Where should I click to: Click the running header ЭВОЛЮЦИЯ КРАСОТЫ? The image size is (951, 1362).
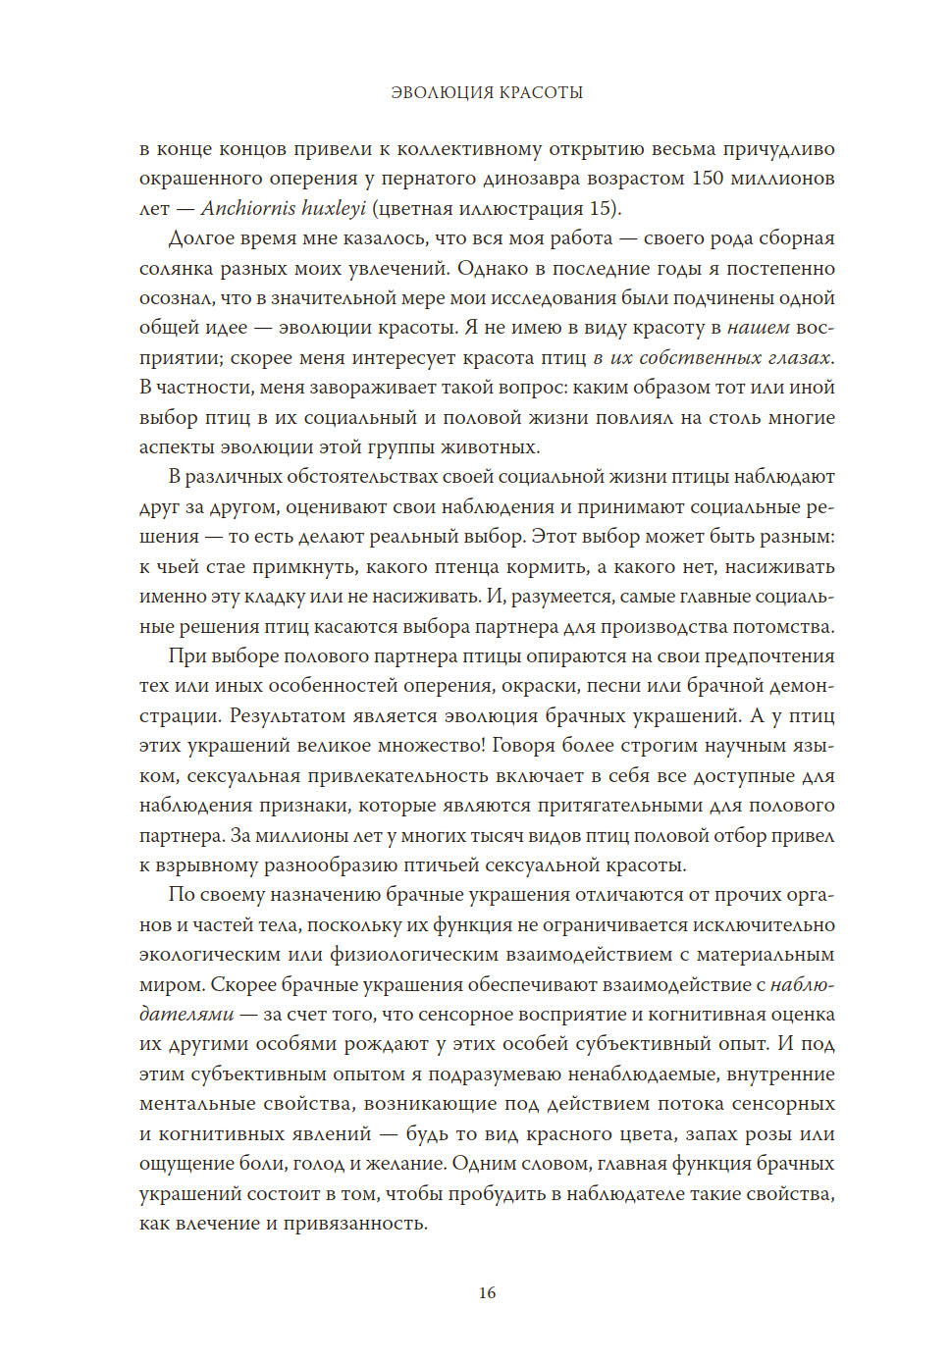point(487,92)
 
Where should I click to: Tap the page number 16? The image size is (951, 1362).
point(487,1292)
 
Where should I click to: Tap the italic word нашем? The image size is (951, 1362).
point(759,328)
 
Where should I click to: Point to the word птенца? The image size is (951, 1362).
point(461,566)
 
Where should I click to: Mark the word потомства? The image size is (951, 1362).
point(784,626)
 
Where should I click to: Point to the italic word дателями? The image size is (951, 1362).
point(186,1014)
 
